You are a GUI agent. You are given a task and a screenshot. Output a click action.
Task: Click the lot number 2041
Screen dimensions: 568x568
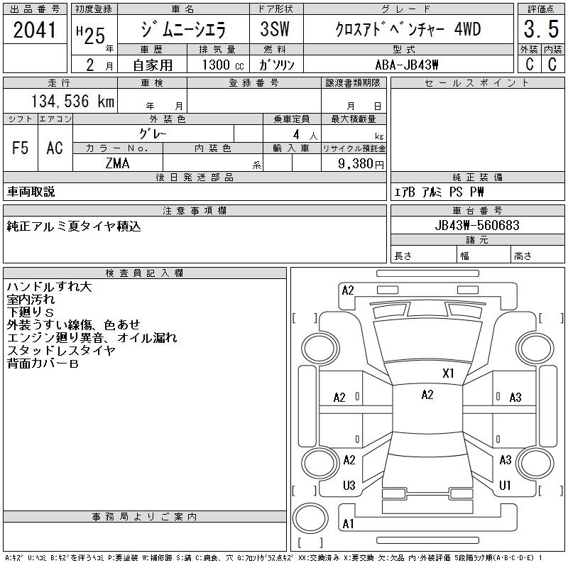point(35,30)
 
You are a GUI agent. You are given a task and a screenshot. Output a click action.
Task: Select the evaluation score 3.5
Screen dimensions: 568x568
point(541,29)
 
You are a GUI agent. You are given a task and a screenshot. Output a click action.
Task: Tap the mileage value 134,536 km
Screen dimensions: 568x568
point(73,101)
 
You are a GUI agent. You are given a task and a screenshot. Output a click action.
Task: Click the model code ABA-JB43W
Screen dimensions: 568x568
point(407,65)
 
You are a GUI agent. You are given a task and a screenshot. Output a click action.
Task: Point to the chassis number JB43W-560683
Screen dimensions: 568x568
point(477,225)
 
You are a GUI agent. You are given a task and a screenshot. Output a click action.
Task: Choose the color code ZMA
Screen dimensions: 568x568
point(117,163)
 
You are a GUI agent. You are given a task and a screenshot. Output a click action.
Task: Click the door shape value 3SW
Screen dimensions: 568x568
point(275,29)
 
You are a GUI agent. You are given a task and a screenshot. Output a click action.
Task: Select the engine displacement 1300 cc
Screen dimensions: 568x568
point(223,65)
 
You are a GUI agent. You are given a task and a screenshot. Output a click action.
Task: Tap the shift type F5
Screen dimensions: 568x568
point(21,148)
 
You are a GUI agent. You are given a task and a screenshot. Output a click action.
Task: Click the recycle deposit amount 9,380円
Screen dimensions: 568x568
point(361,164)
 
